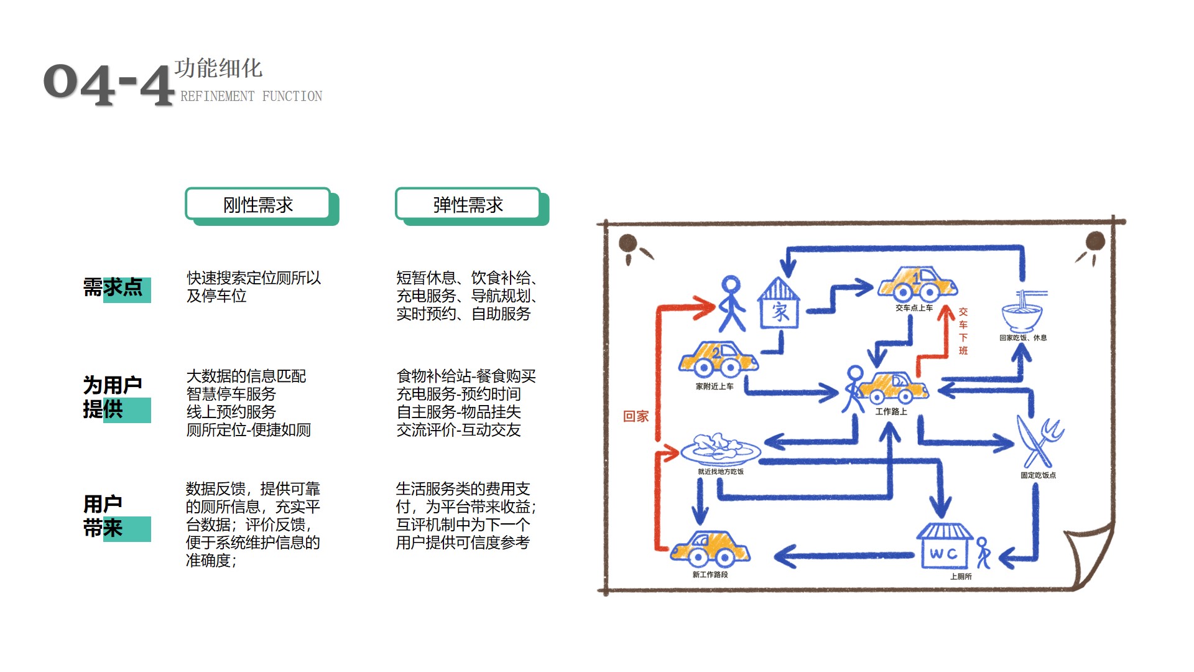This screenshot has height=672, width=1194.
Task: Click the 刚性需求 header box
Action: [x=261, y=205]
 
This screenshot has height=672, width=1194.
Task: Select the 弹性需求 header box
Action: [x=471, y=205]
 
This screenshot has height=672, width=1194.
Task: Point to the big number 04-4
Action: [x=109, y=84]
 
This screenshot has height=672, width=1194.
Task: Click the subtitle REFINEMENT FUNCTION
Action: [x=251, y=96]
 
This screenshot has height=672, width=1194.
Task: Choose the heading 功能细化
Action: [x=218, y=68]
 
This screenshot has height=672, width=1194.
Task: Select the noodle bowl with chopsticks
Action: [x=1022, y=310]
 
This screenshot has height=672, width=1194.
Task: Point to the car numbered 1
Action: [x=917, y=284]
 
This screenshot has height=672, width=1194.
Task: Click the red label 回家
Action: [x=636, y=416]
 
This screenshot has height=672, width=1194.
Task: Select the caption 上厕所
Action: [x=961, y=577]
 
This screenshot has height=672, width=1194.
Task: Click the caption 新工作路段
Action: [x=710, y=574]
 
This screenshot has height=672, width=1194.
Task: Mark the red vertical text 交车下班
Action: [x=963, y=331]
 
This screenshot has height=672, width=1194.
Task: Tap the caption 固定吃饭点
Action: [x=1038, y=475]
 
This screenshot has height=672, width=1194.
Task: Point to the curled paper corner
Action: [x=1090, y=557]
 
